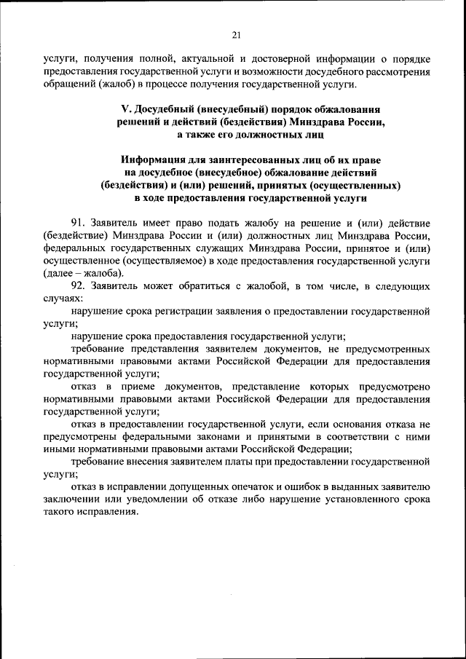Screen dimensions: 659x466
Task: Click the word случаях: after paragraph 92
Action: tap(63, 299)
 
